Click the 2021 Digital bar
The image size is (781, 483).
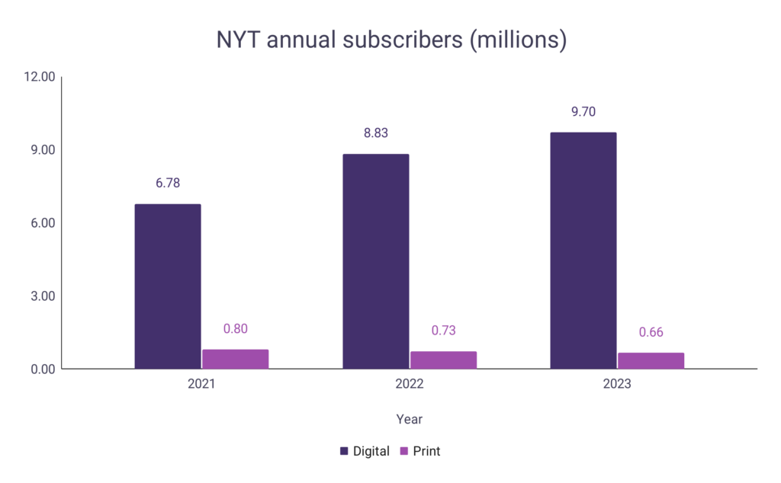click(x=168, y=286)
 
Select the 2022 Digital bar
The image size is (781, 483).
click(x=376, y=261)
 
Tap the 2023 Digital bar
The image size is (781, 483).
click(x=583, y=251)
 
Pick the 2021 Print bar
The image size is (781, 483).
click(x=235, y=359)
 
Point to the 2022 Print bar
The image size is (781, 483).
click(x=443, y=360)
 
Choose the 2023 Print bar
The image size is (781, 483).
click(x=651, y=360)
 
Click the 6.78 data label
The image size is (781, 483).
click(x=168, y=183)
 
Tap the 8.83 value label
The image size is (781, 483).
click(x=376, y=133)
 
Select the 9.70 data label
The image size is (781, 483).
click(x=583, y=111)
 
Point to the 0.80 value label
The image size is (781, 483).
click(x=235, y=329)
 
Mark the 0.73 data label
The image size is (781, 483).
click(x=443, y=331)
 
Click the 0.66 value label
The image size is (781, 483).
click(x=651, y=332)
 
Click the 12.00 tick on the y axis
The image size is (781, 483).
click(x=40, y=77)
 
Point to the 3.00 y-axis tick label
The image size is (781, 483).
click(x=42, y=296)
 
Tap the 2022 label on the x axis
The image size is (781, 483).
click(x=409, y=384)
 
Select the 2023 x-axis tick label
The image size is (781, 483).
click(x=617, y=384)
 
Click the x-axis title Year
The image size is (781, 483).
click(x=409, y=419)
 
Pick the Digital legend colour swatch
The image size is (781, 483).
click(x=345, y=451)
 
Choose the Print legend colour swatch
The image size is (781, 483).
click(x=405, y=451)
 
